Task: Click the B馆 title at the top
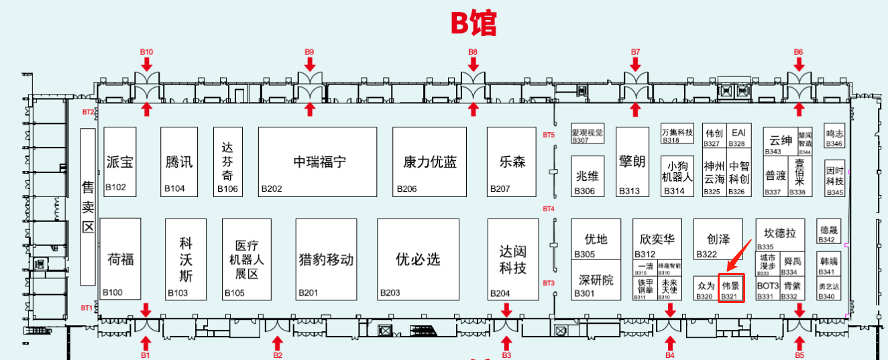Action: click(x=474, y=23)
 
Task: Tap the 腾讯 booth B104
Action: click(x=179, y=162)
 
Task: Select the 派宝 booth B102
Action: click(x=120, y=162)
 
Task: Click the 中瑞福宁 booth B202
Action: click(x=317, y=162)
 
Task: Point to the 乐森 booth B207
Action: click(x=512, y=162)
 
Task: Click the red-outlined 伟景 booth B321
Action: click(x=731, y=288)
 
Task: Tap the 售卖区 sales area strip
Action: click(x=87, y=206)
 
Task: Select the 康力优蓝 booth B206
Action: click(x=430, y=162)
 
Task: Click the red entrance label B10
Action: click(x=146, y=52)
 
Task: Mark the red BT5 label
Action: click(x=549, y=135)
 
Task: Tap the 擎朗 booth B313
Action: click(x=632, y=162)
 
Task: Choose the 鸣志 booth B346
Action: click(x=835, y=137)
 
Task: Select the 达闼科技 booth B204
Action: click(x=512, y=259)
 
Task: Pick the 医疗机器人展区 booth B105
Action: click(x=247, y=259)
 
